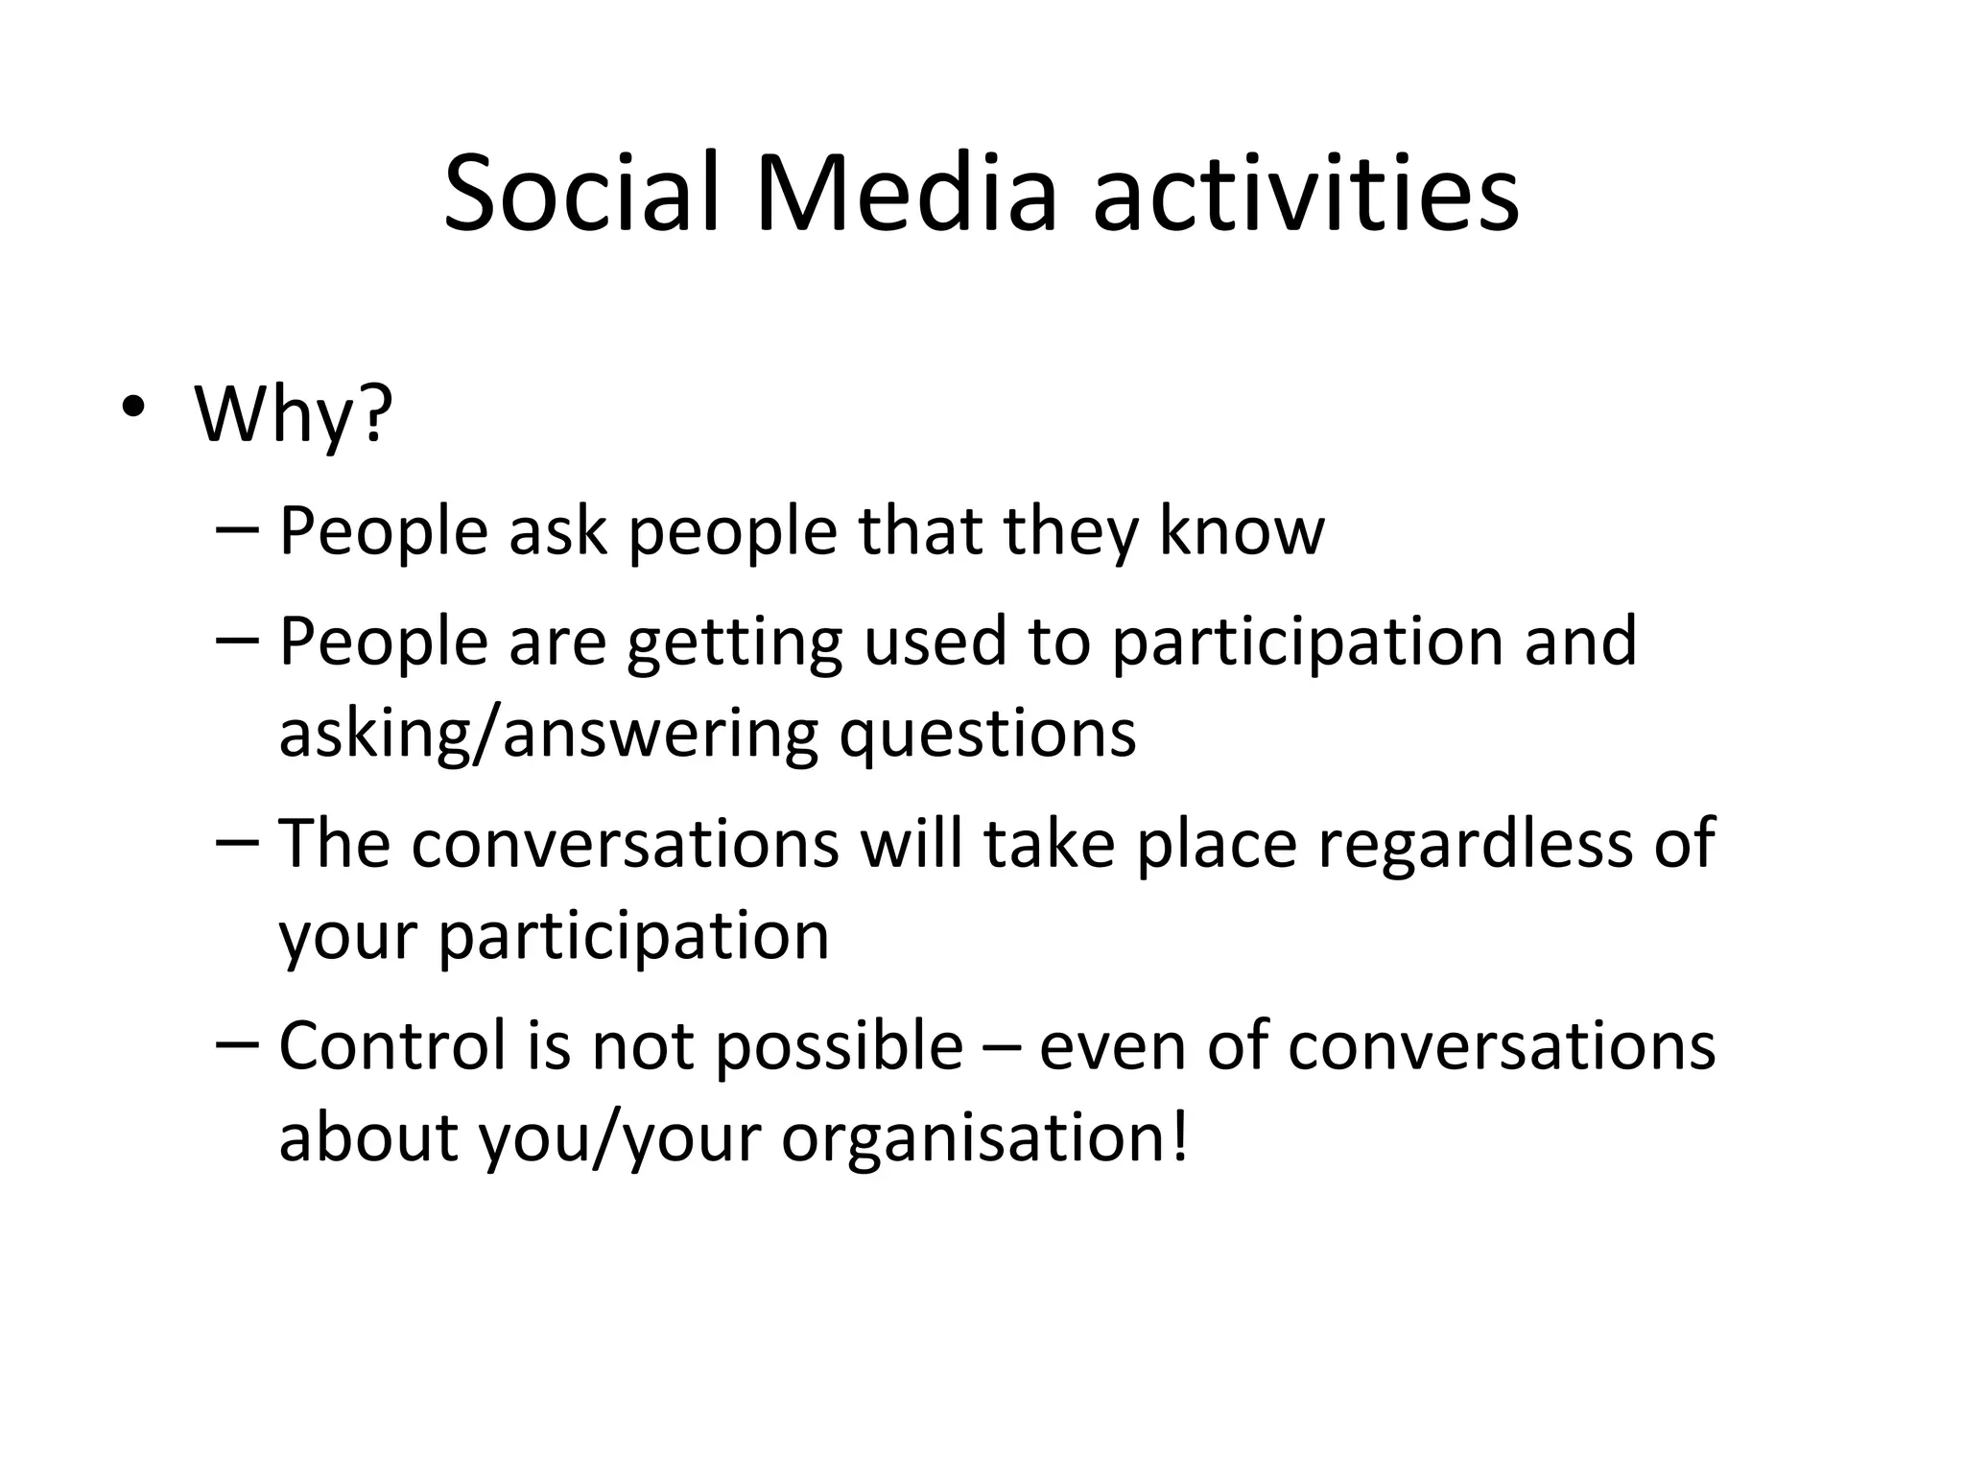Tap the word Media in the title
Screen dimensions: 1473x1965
pyautogui.click(x=906, y=194)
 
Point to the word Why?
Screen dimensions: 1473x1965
pyautogui.click(x=294, y=414)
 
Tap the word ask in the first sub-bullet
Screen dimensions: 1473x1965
pyautogui.click(x=557, y=530)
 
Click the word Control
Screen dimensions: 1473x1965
pyautogui.click(x=392, y=1045)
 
